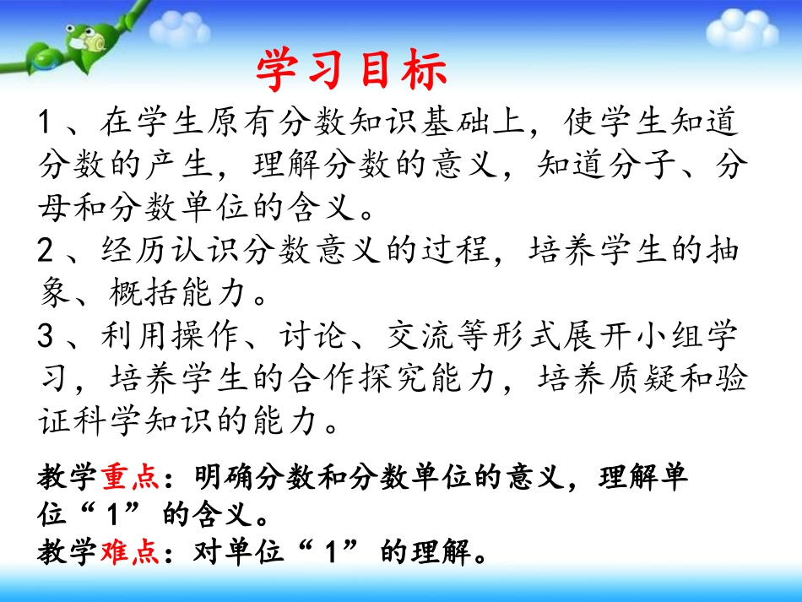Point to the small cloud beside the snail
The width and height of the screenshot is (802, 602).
[180, 30]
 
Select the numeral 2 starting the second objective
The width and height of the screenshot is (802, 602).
[46, 251]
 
